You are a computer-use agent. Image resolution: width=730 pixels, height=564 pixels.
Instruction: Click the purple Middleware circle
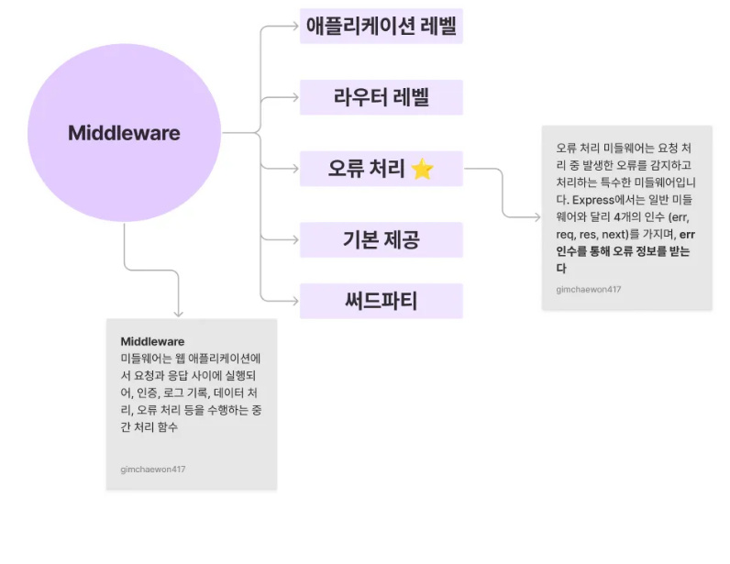(124, 133)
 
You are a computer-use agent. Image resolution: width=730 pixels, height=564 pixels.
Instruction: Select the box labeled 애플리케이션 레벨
(381, 26)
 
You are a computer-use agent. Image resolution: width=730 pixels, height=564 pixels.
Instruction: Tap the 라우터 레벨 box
(381, 97)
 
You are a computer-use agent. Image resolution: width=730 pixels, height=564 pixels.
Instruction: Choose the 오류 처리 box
(381, 169)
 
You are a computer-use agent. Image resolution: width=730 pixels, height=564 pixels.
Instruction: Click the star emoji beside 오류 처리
(422, 169)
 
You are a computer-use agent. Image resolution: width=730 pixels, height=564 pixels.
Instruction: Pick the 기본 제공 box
(381, 240)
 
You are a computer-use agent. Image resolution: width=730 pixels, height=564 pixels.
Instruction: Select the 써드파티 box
(381, 301)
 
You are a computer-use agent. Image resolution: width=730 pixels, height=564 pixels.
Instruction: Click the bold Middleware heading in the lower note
(152, 341)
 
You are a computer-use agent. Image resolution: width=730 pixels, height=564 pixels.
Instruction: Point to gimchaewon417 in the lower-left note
(153, 469)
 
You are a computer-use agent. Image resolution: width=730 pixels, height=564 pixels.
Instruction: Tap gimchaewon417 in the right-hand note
(589, 289)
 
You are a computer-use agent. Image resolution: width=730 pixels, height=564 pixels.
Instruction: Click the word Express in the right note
(592, 199)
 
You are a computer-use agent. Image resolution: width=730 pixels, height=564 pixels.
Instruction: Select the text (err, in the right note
(678, 216)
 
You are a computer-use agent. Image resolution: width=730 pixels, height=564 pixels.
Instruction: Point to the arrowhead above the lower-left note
(178, 313)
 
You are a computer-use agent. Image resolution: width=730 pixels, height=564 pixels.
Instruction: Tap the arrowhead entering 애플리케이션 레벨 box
(294, 26)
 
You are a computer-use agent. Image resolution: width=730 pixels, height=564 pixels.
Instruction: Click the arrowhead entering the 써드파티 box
(294, 301)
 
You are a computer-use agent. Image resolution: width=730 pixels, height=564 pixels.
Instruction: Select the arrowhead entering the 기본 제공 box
(294, 240)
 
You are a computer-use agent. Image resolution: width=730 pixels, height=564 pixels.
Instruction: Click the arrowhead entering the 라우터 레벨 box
(294, 97)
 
